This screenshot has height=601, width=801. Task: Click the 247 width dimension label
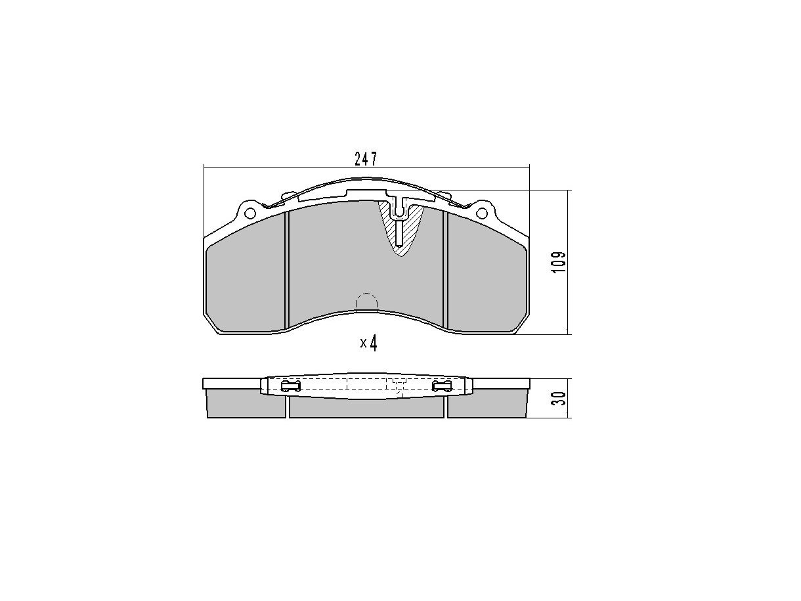pyautogui.click(x=365, y=159)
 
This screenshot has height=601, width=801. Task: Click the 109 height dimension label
pyautogui.click(x=558, y=261)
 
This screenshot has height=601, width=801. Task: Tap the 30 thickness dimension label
pyautogui.click(x=559, y=398)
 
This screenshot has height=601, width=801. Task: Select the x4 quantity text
pyautogui.click(x=368, y=343)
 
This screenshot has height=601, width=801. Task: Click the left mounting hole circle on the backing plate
pyautogui.click(x=250, y=212)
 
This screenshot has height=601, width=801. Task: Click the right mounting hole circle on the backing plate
pyautogui.click(x=482, y=212)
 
